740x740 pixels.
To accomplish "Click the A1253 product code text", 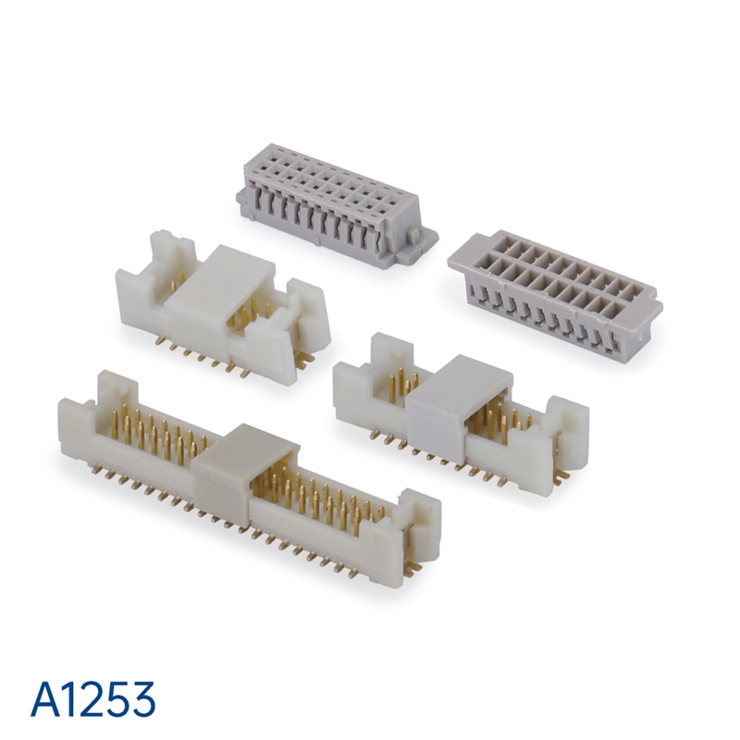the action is point(93,698).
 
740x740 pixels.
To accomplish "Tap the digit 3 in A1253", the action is point(142,699).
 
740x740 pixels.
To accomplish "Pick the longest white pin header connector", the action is point(249,479).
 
